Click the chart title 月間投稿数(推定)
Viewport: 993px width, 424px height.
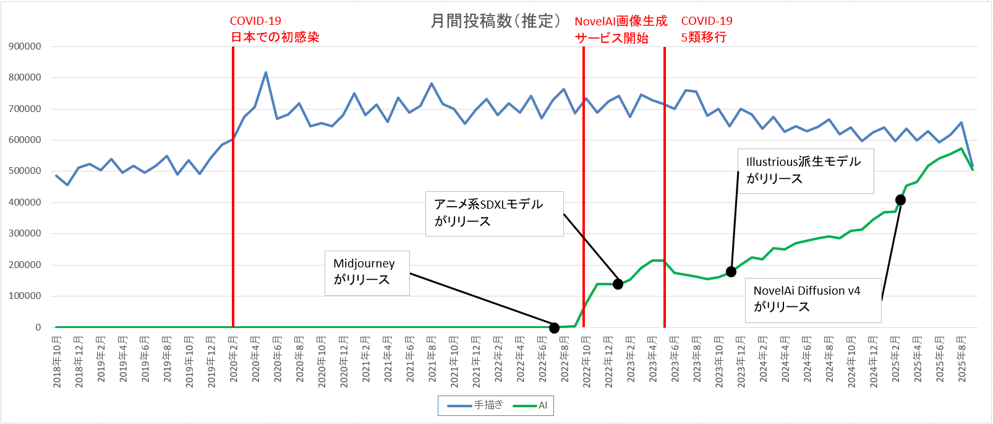pyautogui.click(x=495, y=21)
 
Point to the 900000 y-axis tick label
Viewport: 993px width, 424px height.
pyautogui.click(x=25, y=46)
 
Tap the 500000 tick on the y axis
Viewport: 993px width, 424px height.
pyautogui.click(x=25, y=171)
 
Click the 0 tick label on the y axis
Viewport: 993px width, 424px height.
pyautogui.click(x=38, y=327)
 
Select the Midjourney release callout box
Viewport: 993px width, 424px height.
pyautogui.click(x=367, y=272)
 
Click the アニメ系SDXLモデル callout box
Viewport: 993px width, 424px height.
pyautogui.click(x=494, y=214)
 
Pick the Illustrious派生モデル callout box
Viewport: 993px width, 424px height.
pyautogui.click(x=805, y=170)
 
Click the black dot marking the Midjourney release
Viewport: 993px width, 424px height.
pyautogui.click(x=554, y=328)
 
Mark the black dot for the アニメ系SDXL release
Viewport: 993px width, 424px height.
pyautogui.click(x=618, y=284)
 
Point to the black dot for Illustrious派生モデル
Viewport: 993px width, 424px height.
pyautogui.click(x=731, y=272)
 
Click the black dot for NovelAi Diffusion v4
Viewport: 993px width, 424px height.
pyautogui.click(x=900, y=200)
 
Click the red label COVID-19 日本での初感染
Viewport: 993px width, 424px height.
pyautogui.click(x=275, y=29)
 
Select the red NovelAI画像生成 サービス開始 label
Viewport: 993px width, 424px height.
pyautogui.click(x=620, y=30)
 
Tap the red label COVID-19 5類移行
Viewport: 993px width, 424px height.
pyautogui.click(x=706, y=29)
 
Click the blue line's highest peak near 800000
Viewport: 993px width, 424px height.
pyautogui.click(x=266, y=72)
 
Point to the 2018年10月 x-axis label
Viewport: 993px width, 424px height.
pyautogui.click(x=57, y=361)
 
